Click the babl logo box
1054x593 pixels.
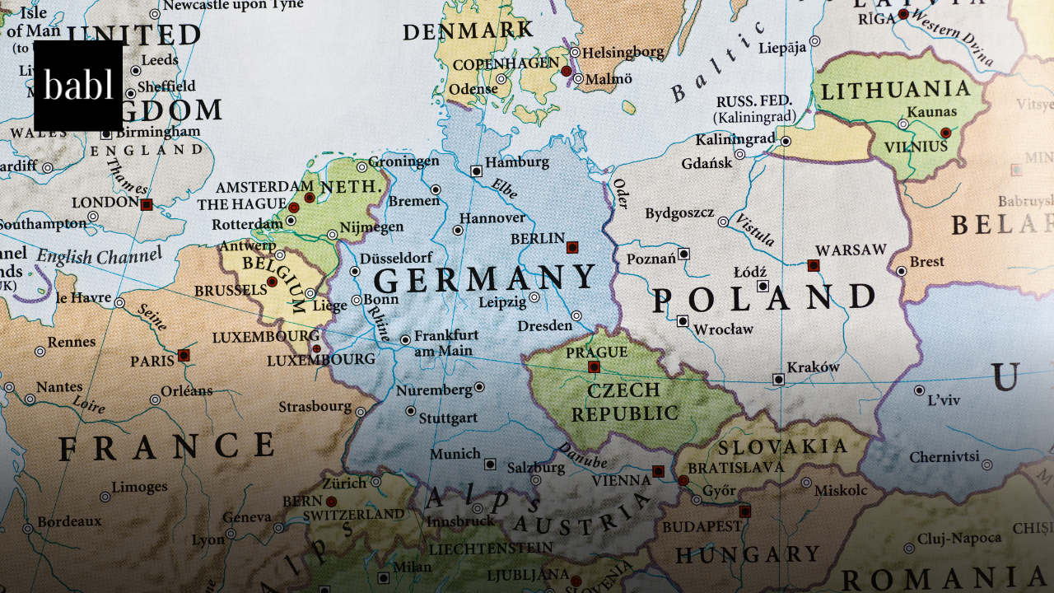coord(78,86)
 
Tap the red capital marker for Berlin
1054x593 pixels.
coord(572,246)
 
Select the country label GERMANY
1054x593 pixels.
coord(485,279)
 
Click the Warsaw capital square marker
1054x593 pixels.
coord(813,265)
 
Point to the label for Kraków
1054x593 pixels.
coord(813,367)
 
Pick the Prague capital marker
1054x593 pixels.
coord(594,367)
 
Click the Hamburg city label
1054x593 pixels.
coord(516,162)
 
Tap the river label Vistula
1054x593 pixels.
coord(755,230)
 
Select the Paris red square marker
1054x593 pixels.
coord(184,355)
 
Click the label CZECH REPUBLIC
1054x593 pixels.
coord(625,401)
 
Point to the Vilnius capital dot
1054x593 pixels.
coord(945,133)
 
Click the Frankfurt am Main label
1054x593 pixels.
coord(445,343)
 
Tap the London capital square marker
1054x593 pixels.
coord(147,204)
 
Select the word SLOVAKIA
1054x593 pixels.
coord(781,446)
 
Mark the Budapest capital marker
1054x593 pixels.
coord(744,511)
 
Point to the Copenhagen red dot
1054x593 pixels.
coord(566,72)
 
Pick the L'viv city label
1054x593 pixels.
coord(944,400)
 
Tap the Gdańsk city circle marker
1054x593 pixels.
coord(739,154)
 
